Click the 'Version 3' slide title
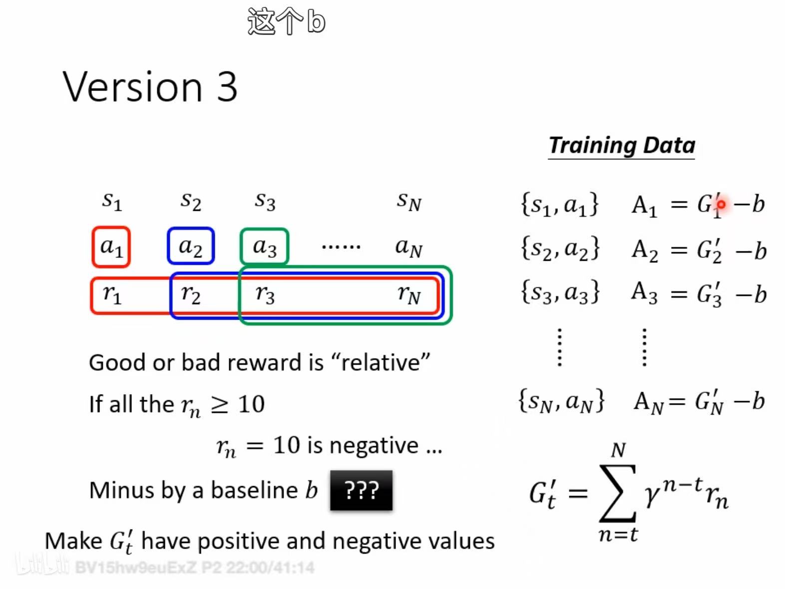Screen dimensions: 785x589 tap(150, 86)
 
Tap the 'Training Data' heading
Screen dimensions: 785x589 tap(622, 145)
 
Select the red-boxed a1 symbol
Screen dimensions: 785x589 tap(111, 247)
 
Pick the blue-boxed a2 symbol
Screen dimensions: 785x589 tap(191, 247)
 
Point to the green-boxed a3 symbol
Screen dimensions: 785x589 tap(264, 247)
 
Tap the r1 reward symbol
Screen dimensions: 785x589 tap(112, 295)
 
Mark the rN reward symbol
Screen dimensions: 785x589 tap(409, 295)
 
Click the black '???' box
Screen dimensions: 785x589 tap(361, 490)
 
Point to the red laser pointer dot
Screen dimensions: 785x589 tap(721, 204)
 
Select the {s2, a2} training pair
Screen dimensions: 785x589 tap(560, 248)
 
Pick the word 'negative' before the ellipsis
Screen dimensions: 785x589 tap(374, 446)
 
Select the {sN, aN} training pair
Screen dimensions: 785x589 tap(561, 401)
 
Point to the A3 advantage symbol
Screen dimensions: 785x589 tap(644, 293)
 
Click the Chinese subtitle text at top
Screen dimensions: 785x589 tap(287, 21)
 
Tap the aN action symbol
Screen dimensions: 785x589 tap(409, 247)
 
